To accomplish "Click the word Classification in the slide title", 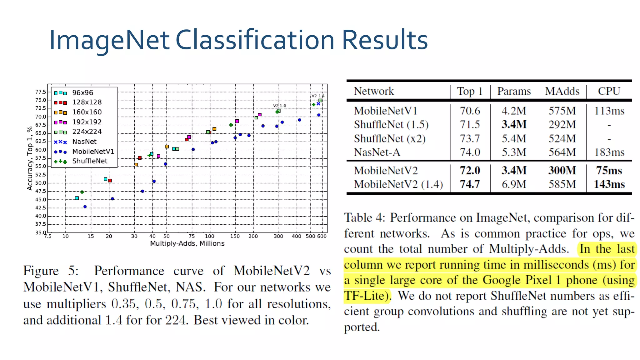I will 255,40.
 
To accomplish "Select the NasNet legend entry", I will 84,142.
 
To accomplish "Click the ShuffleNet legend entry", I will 90,161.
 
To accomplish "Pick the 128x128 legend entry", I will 87,102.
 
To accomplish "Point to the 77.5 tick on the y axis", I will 40,92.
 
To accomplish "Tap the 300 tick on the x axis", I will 278,236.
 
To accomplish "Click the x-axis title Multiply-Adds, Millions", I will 187,243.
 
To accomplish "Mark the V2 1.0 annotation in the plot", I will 279,106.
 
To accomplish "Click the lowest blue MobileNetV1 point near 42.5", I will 85,207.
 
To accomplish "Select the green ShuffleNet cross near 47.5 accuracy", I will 82,192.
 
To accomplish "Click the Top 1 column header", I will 470,91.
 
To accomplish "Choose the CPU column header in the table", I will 609,91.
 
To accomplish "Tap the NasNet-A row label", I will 377,152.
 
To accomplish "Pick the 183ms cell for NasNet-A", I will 609,152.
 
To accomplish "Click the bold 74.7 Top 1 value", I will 470,184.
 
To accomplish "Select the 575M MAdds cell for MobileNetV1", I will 562,111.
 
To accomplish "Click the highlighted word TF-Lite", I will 366,296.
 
